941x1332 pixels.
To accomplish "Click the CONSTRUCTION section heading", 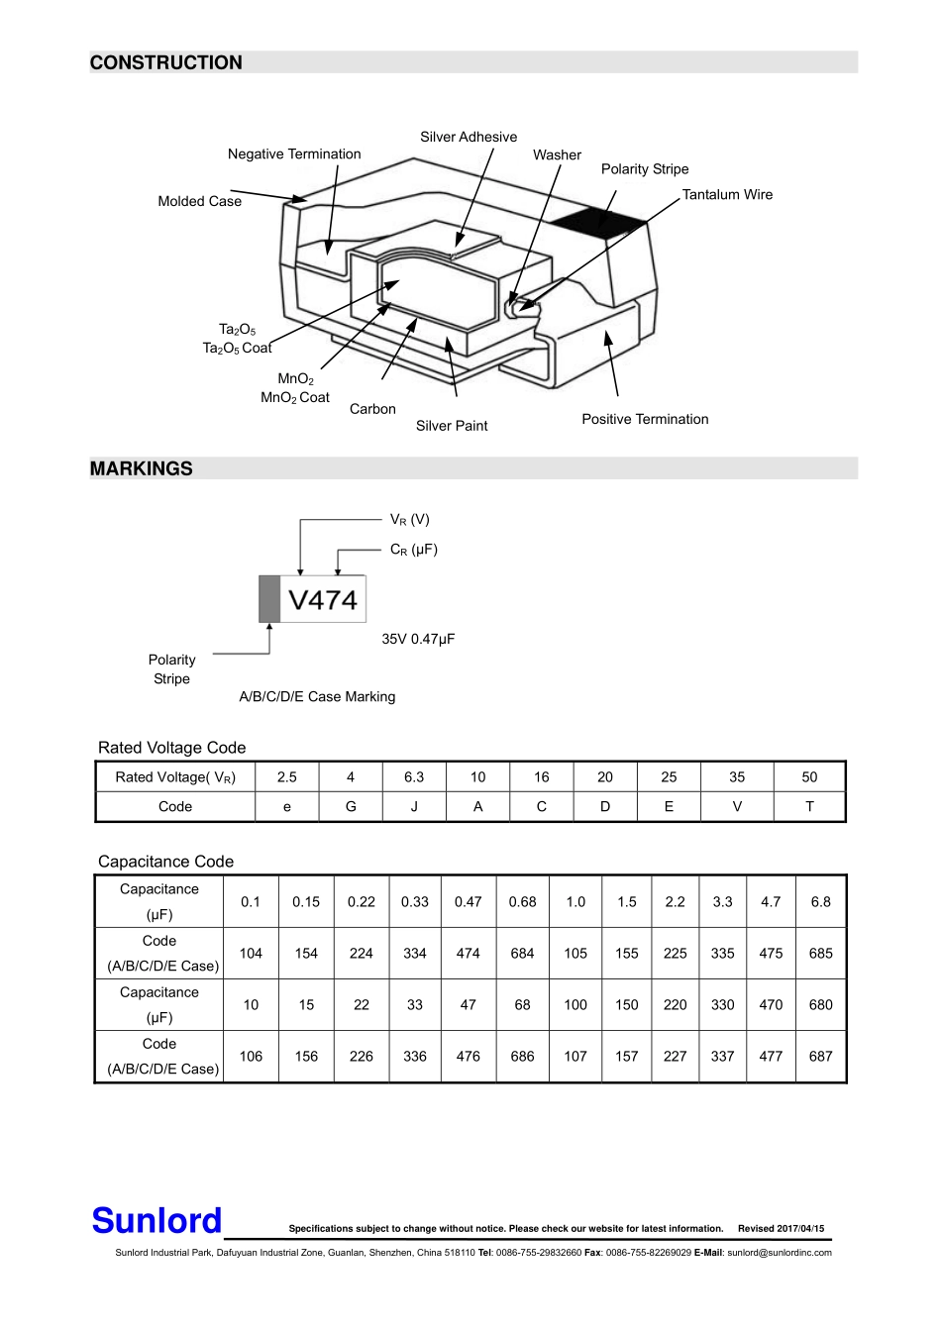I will point(165,62).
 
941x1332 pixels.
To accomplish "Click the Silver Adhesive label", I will point(468,137).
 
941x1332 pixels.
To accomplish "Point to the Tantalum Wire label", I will point(727,195).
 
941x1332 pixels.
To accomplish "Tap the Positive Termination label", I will point(645,419).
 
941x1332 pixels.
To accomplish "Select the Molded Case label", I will point(199,201).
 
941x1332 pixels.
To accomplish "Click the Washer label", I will point(557,154).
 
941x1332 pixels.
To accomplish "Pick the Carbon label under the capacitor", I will point(372,409).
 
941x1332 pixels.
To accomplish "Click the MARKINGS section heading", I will point(141,468).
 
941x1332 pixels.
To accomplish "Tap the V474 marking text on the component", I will point(323,599).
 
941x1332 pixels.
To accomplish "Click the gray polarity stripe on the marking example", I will point(268,599).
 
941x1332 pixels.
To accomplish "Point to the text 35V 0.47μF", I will point(418,639).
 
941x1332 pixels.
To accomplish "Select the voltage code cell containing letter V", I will point(737,806).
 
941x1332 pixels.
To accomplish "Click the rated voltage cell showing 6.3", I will point(414,777).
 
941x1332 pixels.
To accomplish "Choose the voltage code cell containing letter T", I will point(809,806).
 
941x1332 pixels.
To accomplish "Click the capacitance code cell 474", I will point(468,953).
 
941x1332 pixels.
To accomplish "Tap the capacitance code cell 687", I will point(820,1056).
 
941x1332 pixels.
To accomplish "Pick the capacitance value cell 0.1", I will point(251,901).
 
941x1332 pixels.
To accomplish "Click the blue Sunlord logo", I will point(157,1220).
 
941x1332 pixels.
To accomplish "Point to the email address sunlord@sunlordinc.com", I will point(779,1253).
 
